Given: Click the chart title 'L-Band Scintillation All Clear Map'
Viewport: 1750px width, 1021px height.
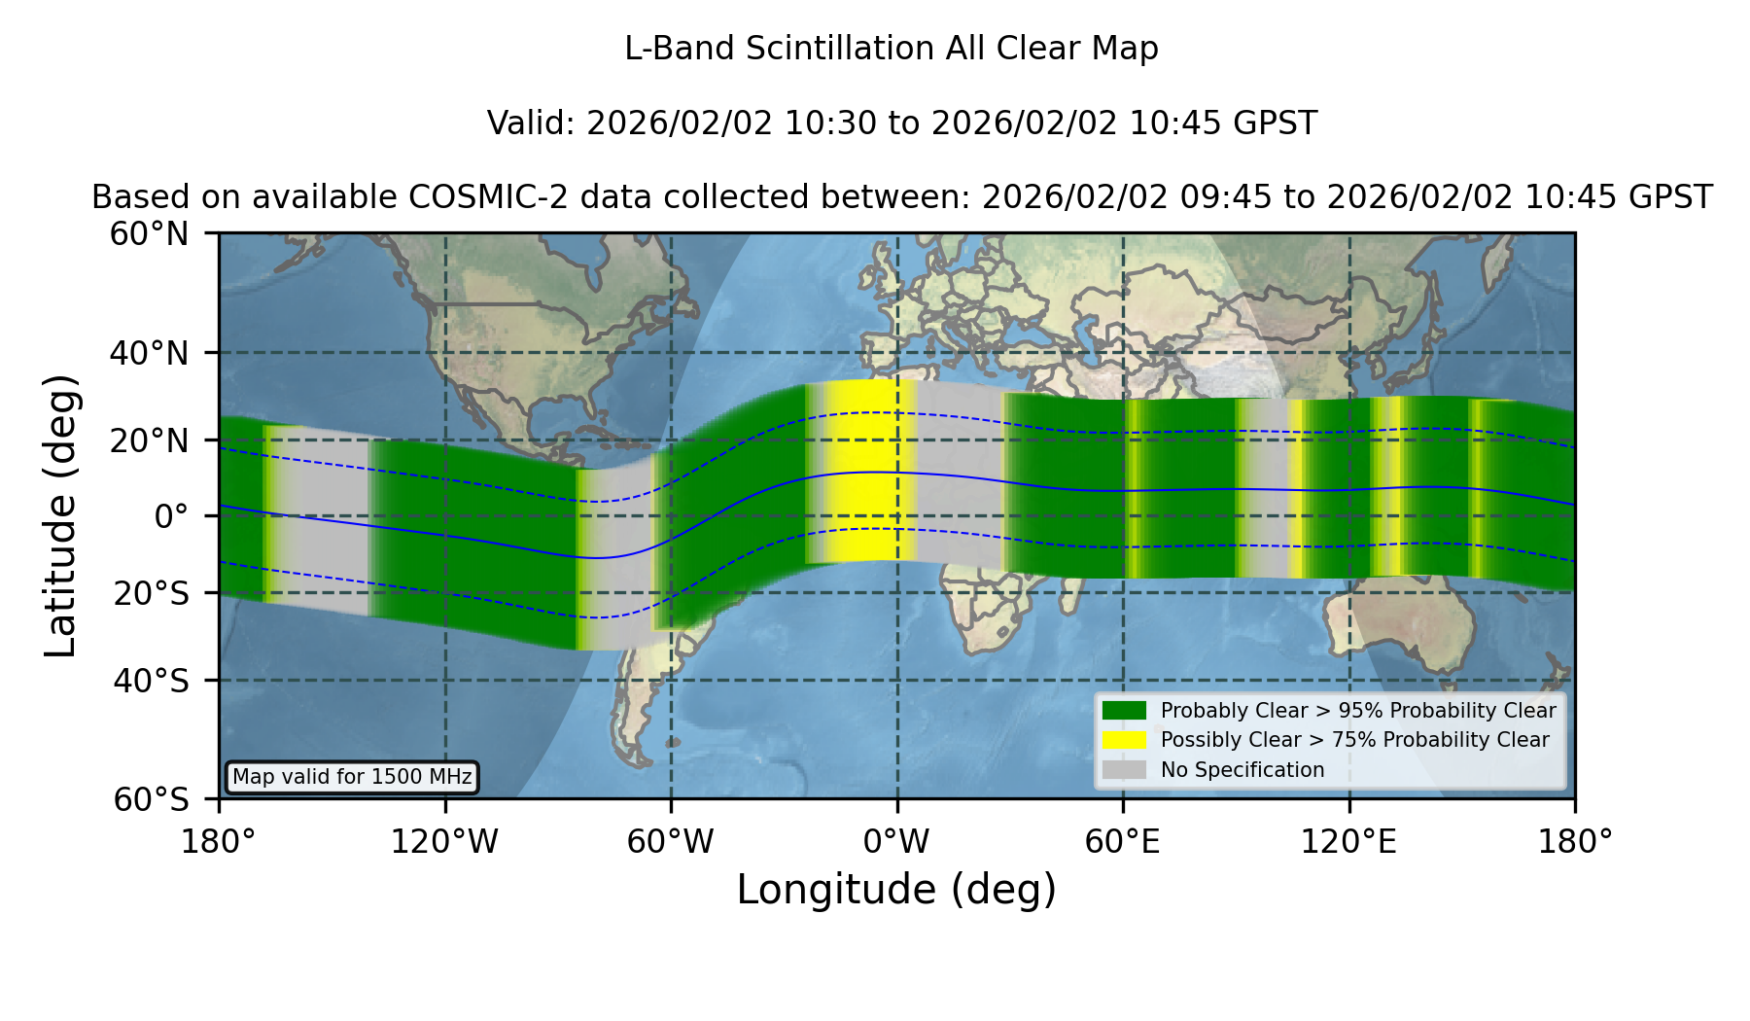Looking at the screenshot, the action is point(891,49).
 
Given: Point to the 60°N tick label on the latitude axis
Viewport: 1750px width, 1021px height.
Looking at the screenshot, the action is point(150,234).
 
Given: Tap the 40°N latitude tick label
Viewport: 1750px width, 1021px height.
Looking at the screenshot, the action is point(150,353).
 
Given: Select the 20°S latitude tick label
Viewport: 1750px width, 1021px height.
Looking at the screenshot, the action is point(152,593).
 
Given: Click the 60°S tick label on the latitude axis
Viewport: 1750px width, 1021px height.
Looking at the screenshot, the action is point(152,799).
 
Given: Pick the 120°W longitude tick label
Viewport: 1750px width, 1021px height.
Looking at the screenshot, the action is point(444,841).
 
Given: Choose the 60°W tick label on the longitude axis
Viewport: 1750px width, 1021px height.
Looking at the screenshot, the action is point(670,841).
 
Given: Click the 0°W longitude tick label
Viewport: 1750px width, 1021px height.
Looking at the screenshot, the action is point(896,841).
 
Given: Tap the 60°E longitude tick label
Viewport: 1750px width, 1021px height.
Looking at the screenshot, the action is point(1122,841).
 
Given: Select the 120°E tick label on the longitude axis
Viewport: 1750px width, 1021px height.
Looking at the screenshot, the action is point(1348,841).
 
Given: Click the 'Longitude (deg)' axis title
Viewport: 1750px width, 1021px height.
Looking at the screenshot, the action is point(896,890).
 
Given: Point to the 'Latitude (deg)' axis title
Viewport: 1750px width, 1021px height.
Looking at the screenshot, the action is point(60,515).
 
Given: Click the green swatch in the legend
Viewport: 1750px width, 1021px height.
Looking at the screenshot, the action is point(1124,710).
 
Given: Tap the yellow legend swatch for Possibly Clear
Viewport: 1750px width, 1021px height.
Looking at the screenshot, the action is point(1124,740).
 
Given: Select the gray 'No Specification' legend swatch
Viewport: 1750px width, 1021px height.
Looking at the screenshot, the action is point(1124,770).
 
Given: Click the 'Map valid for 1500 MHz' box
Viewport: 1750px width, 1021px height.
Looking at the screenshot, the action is point(352,777).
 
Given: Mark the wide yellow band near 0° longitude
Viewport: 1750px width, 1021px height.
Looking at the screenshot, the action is point(868,470).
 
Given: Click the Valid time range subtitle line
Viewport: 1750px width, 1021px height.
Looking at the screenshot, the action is point(902,123).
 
